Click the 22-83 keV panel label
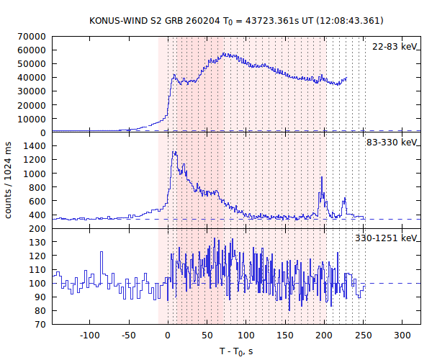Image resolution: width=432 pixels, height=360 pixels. coord(395,47)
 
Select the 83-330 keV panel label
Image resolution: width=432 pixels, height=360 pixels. coord(392,143)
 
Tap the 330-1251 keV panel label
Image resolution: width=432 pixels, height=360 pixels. coord(387,238)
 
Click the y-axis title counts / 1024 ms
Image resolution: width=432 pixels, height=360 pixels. coord(9,180)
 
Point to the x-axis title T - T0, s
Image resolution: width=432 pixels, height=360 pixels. coord(236,351)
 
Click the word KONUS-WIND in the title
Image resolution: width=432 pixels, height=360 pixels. coord(114,20)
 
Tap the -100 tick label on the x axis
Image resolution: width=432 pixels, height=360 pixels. coord(89,336)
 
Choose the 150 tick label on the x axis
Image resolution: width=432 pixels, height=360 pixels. coord(285,336)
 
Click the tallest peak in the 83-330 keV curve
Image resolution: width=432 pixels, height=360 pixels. coord(174,152)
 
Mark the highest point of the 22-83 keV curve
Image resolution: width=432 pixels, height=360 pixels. coord(225,53)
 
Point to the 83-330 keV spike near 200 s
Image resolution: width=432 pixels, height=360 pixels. coord(322,178)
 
